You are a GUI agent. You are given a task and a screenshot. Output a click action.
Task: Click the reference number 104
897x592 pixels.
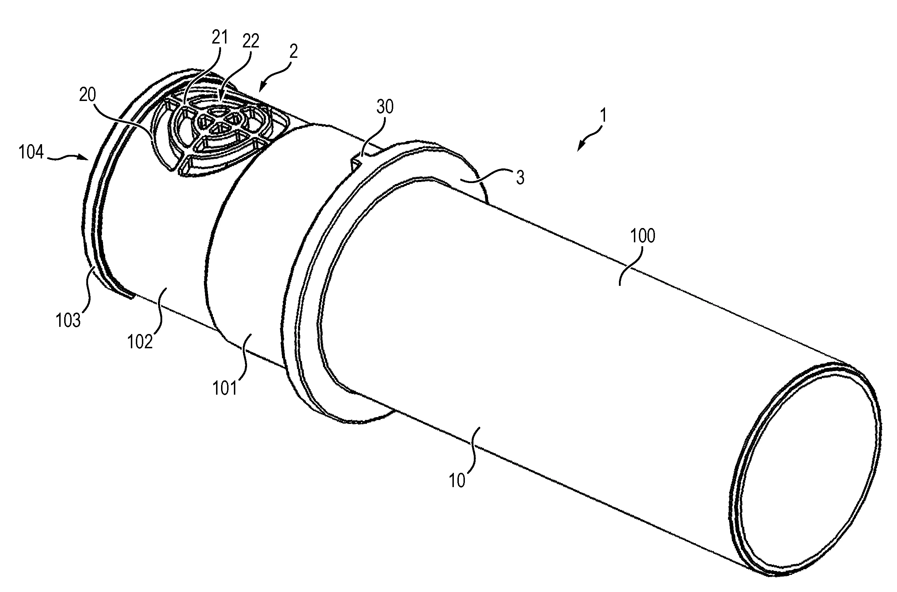(x=31, y=153)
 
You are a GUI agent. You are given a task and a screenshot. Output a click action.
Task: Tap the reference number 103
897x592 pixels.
(x=68, y=320)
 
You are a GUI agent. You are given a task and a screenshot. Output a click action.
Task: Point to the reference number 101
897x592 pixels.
(x=225, y=389)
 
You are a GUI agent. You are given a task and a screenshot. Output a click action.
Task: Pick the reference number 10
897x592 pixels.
(x=457, y=481)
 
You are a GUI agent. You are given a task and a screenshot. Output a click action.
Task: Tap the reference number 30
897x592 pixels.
(x=385, y=107)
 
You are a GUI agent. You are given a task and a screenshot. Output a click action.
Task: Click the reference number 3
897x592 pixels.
(x=520, y=177)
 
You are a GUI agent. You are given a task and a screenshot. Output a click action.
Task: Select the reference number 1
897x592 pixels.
(x=603, y=116)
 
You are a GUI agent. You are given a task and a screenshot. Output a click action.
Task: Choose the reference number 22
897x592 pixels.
(x=251, y=41)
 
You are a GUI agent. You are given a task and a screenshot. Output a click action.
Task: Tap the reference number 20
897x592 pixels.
(x=87, y=95)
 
